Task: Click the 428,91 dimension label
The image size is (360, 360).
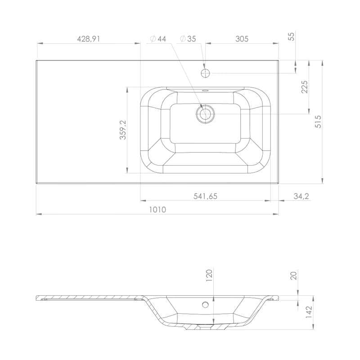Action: coord(88,39)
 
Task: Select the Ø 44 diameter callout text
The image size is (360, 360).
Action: coord(158,39)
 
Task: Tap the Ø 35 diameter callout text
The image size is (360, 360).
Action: coord(188,39)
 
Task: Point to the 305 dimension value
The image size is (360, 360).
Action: coord(242,39)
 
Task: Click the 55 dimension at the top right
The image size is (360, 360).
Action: coord(291,36)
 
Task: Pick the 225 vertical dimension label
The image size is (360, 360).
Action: coord(305,87)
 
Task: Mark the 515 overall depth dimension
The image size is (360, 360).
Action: coord(319,121)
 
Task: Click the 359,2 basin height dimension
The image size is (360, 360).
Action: coord(123,130)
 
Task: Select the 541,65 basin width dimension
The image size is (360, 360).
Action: coord(205,196)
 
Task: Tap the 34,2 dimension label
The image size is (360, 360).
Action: coord(301,196)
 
